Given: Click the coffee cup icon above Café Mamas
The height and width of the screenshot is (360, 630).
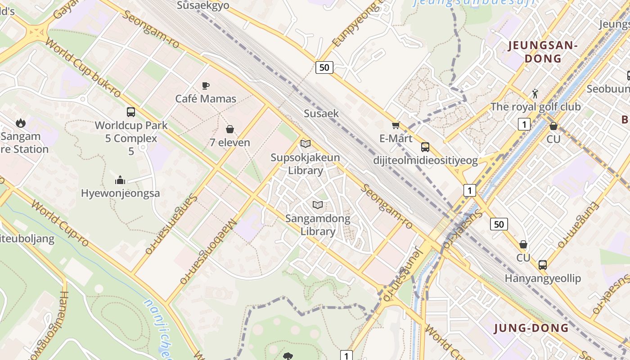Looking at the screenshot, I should pyautogui.click(x=205, y=85).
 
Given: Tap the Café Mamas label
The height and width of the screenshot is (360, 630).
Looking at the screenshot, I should pyautogui.click(x=206, y=99).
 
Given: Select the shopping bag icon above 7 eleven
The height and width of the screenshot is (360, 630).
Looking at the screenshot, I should pyautogui.click(x=230, y=130).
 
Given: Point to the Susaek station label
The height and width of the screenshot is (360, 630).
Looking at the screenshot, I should pyautogui.click(x=321, y=113).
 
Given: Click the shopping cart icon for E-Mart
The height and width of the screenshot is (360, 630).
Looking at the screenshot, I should pyautogui.click(x=396, y=125).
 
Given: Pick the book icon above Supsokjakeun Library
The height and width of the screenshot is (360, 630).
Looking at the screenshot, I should pyautogui.click(x=306, y=144).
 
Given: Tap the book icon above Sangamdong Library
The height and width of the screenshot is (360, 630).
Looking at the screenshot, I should pyautogui.click(x=318, y=205).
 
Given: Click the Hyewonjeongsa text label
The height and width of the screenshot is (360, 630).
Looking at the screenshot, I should pyautogui.click(x=120, y=193).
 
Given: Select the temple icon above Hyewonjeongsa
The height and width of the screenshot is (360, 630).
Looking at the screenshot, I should pyautogui.click(x=120, y=180).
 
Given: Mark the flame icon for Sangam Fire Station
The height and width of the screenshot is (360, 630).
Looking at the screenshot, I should pyautogui.click(x=20, y=123).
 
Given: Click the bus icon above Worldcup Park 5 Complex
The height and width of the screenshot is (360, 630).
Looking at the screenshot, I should pyautogui.click(x=131, y=112).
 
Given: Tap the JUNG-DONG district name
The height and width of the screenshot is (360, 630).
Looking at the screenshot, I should pyautogui.click(x=531, y=328).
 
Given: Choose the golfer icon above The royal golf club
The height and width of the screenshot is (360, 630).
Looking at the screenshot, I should pyautogui.click(x=535, y=94).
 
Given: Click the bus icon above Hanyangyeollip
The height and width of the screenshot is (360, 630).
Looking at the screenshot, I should pyautogui.click(x=543, y=265).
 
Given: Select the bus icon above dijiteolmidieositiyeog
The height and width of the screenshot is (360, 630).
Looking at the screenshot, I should pyautogui.click(x=425, y=147).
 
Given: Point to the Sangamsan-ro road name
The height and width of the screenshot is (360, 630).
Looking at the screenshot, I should pyautogui.click(x=171, y=224).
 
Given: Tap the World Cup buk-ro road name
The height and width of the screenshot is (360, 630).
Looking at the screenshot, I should pyautogui.click(x=84, y=69).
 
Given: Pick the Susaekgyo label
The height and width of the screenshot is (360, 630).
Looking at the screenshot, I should pyautogui.click(x=203, y=5).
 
